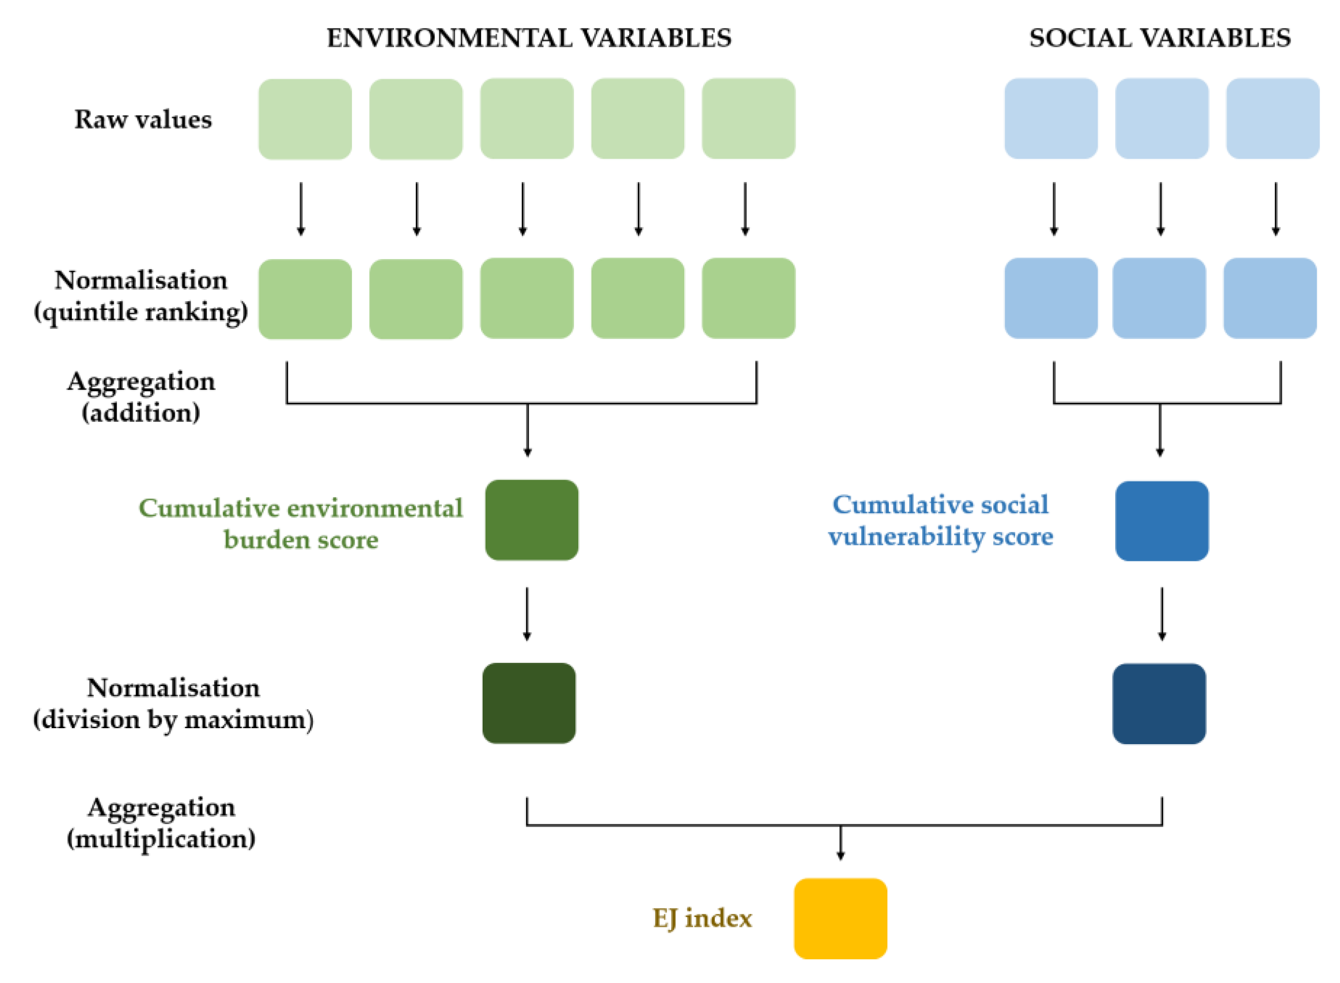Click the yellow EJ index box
tap(839, 918)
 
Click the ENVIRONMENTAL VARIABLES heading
tap(529, 38)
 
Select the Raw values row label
tap(143, 119)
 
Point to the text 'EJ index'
tap(702, 918)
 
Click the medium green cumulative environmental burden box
tap(531, 519)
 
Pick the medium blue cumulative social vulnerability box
tap(1161, 521)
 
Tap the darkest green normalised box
tap(529, 703)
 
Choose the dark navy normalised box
tap(1159, 704)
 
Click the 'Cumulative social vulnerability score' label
tap(940, 521)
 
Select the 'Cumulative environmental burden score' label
tap(300, 524)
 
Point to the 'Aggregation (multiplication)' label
tap(161, 823)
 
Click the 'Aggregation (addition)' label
tap(141, 397)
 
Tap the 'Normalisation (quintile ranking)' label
tap(141, 296)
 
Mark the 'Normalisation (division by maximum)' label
tap(173, 704)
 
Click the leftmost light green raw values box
tap(305, 119)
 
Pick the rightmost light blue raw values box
tap(1272, 118)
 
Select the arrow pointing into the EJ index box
tap(839, 842)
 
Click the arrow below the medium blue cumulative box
tap(1161, 614)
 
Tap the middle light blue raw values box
tap(1161, 118)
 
